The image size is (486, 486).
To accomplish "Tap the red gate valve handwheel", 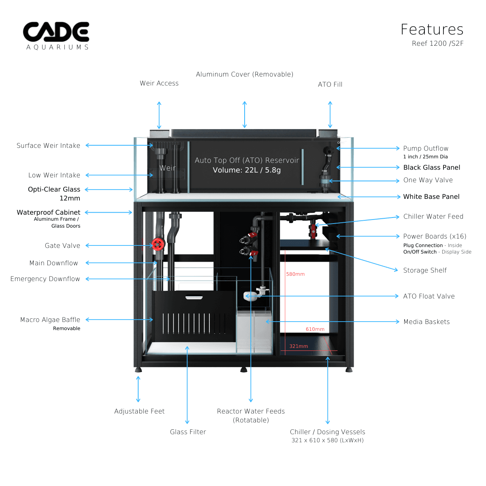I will coord(158,244).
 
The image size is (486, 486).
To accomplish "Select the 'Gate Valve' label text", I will coord(62,245).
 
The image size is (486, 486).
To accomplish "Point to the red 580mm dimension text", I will coord(295,274).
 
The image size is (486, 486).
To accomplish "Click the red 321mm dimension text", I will coord(298,346).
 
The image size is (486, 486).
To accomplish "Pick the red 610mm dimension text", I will coord(315,329).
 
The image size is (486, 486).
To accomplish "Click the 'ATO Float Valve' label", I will coord(429,296).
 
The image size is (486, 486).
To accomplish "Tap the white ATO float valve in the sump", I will coord(251,296).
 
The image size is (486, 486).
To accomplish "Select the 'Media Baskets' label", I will coord(426,322).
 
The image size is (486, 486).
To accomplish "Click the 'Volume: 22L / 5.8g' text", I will coord(247,170).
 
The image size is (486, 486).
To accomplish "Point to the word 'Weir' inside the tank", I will coord(167,168).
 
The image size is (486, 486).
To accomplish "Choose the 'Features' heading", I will coord(432,30).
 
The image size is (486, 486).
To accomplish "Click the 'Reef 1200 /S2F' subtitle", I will coord(437,43).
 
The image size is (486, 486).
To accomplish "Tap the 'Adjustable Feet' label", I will coord(139,411).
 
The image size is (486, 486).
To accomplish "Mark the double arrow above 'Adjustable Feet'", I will coord(139,389).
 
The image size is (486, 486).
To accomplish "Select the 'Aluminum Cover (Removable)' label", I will coord(245,74).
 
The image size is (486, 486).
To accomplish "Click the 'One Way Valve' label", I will coord(428,180).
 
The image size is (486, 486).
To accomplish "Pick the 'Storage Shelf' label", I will coord(425,270).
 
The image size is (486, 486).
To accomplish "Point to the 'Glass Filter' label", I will coord(188,432).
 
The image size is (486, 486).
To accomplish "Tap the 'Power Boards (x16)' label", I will coord(435,236).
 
